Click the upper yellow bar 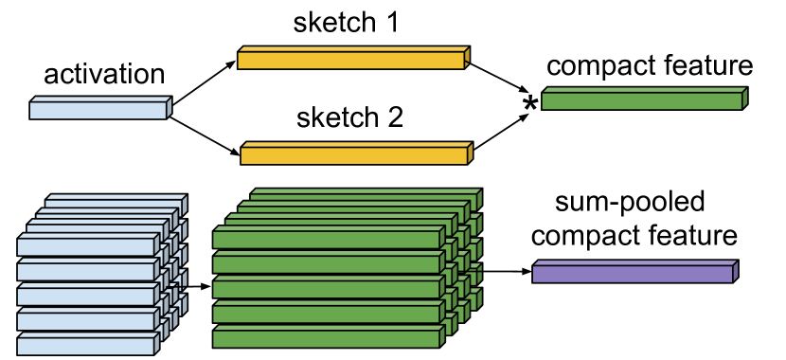point(350,61)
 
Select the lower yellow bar point(353,155)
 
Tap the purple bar point(632,274)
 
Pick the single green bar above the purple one point(641,101)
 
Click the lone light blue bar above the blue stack point(98,111)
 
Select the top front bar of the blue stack point(85,247)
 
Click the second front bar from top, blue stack point(85,272)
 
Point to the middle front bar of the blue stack point(85,297)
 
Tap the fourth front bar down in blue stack point(85,321)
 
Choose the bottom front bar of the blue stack point(85,346)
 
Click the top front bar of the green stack point(326,240)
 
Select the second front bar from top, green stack point(326,264)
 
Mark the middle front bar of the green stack point(326,289)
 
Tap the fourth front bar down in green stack point(326,314)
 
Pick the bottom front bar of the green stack point(326,338)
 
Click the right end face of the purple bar point(735,272)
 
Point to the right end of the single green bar point(744,99)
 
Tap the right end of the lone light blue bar point(169,108)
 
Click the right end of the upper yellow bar point(467,58)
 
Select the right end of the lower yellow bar point(470,153)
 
